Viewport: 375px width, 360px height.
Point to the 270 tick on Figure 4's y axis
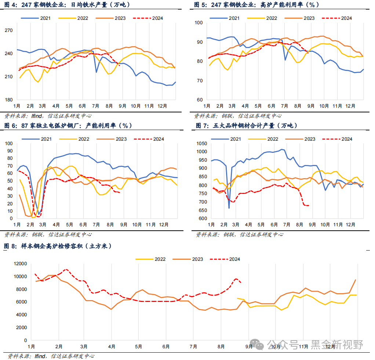click(8, 30)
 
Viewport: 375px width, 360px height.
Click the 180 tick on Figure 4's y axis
click(8, 100)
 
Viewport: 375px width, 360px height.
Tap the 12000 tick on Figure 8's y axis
click(20, 264)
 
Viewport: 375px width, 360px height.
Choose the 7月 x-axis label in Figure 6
click(97, 224)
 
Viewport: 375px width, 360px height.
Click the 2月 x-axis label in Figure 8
click(58, 346)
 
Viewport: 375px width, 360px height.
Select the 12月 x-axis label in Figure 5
click(350, 106)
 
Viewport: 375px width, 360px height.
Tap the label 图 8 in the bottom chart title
click(10, 246)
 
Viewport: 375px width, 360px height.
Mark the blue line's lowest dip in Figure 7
click(229, 208)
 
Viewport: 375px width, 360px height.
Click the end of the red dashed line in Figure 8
click(240, 282)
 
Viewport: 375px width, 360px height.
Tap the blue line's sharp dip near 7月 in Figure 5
click(285, 60)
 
